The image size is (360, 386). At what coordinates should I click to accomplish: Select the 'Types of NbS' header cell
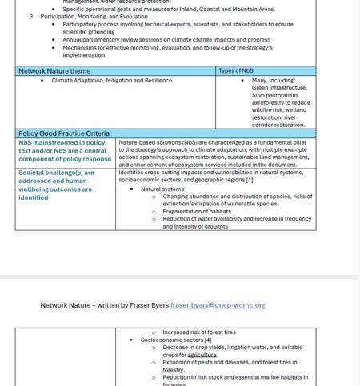[236, 71]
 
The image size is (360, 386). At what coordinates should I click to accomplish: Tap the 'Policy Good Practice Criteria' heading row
[64, 133]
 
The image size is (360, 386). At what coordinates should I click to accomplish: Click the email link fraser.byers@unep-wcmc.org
[218, 305]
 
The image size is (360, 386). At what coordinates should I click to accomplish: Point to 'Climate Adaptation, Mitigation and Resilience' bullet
[111, 81]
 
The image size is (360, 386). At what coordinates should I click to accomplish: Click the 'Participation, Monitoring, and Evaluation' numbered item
[94, 17]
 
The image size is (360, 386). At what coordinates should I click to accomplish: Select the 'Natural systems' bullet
[162, 189]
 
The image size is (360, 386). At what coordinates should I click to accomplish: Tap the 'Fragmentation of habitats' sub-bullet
[197, 211]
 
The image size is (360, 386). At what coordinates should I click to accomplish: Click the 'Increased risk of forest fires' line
[199, 332]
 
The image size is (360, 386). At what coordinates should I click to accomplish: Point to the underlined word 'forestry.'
[174, 370]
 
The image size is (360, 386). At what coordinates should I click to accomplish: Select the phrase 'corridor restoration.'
[278, 125]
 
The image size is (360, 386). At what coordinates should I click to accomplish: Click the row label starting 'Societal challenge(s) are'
[56, 173]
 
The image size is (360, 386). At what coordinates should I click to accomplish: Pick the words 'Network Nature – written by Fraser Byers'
[105, 305]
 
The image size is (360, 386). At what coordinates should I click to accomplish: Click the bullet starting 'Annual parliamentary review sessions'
[166, 40]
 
